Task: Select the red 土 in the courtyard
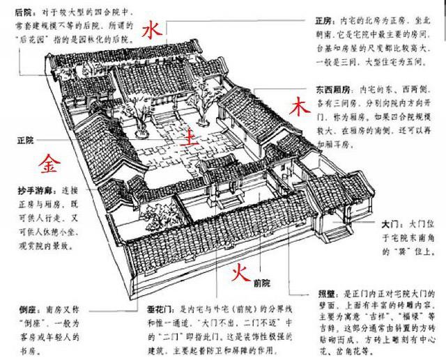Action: [x=189, y=137]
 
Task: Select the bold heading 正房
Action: [x=324, y=22]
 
